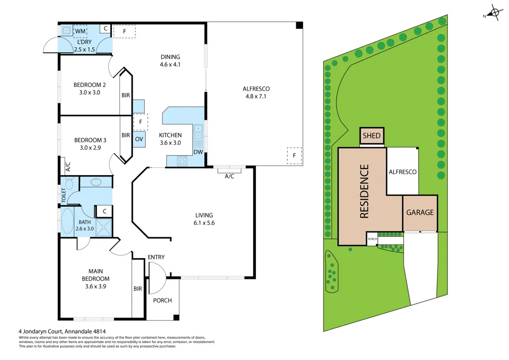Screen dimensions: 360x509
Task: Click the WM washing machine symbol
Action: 80,31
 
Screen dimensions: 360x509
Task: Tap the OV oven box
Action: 139,139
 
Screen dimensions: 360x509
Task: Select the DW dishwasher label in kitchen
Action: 198,152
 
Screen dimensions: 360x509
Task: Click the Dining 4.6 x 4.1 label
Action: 170,61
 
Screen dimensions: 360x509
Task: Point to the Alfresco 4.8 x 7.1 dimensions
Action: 256,96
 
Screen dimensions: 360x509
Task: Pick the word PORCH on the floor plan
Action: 162,300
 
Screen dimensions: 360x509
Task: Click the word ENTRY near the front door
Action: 156,257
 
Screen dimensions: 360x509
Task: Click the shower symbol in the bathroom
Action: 103,228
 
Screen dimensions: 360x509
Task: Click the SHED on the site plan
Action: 372,136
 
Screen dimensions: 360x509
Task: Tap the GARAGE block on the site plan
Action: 420,212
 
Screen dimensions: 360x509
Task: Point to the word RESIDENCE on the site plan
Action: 364,191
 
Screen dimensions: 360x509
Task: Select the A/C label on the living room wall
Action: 230,177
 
